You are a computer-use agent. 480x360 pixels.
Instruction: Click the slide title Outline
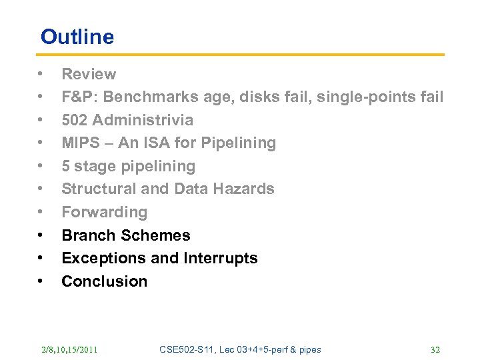pyautogui.click(x=77, y=37)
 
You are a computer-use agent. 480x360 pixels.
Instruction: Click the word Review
pyautogui.click(x=89, y=74)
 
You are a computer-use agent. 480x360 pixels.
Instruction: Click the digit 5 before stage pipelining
pyautogui.click(x=66, y=167)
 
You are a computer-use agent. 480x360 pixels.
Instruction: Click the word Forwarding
pyautogui.click(x=104, y=213)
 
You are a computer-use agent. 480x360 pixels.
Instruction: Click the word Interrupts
pyautogui.click(x=221, y=259)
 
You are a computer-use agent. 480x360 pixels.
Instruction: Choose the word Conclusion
pyautogui.click(x=104, y=281)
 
